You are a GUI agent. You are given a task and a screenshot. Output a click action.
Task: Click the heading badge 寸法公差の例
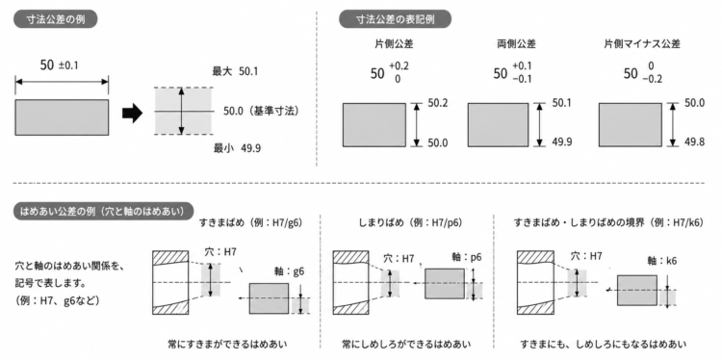[x=56, y=19]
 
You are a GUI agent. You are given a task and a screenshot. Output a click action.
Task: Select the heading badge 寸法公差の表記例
[x=395, y=19]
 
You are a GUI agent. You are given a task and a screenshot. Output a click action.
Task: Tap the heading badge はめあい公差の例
[x=104, y=212]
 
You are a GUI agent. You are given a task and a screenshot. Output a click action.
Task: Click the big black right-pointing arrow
[x=132, y=114]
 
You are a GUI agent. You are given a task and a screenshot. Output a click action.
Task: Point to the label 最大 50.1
[x=235, y=71]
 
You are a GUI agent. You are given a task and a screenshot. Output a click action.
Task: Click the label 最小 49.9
[x=235, y=148]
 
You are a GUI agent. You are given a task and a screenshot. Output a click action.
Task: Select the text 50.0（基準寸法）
[x=261, y=111]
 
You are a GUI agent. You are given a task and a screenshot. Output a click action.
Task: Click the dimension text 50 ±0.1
[x=60, y=64]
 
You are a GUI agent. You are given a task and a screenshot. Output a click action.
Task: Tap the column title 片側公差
[x=394, y=44]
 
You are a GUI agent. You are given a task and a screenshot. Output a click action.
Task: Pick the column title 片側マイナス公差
[x=642, y=44]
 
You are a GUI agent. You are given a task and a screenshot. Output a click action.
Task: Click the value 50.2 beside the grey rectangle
[x=437, y=104]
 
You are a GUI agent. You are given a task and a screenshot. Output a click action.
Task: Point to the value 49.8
[x=694, y=142]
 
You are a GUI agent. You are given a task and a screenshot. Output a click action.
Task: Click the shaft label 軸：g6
[x=287, y=271]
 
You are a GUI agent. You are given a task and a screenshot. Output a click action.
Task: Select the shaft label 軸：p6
[x=467, y=257]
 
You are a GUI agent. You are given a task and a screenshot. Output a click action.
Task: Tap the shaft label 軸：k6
[x=662, y=261]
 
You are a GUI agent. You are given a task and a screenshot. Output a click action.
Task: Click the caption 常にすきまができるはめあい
[x=227, y=344]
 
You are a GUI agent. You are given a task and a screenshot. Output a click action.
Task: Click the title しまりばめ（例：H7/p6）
[x=410, y=222]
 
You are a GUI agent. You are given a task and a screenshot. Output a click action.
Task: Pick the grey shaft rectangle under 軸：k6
[x=637, y=290]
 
